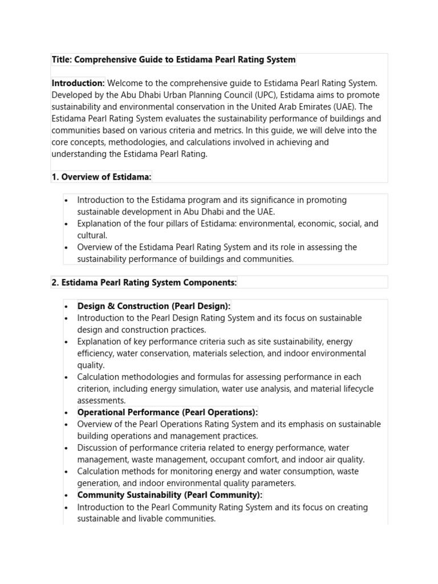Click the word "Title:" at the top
(62, 59)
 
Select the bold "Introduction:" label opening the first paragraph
(78, 83)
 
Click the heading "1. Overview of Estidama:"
(102, 177)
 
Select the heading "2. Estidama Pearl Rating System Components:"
(144, 282)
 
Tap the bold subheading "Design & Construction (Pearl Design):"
(154, 306)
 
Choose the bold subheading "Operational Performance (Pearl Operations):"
(168, 412)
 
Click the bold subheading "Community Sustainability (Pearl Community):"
(170, 495)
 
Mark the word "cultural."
(92, 235)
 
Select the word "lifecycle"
(355, 389)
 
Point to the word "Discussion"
(99, 448)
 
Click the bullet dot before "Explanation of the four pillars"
(67, 224)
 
